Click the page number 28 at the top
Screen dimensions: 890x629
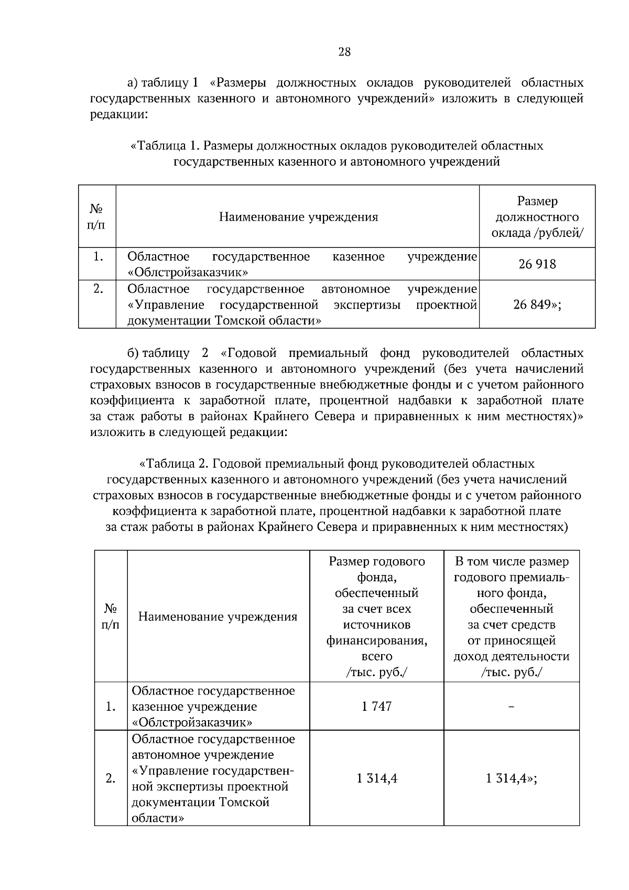[344, 52]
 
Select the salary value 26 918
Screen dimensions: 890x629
[537, 264]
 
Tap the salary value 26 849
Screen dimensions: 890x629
[537, 305]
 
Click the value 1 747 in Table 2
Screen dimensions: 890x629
[376, 707]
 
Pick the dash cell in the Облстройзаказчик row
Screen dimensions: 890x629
[512, 707]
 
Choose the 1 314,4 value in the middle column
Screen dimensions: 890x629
[376, 778]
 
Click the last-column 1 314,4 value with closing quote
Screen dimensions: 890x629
[512, 778]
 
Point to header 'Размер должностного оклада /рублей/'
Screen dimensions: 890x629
[537, 216]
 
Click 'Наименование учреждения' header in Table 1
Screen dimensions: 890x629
[298, 217]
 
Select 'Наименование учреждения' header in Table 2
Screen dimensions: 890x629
[218, 616]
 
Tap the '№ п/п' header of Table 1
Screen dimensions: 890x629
[97, 217]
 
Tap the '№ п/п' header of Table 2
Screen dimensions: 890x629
[111, 616]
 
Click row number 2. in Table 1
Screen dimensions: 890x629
[97, 289]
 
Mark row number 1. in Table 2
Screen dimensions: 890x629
[111, 707]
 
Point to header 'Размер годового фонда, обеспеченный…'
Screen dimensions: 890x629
[376, 616]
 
